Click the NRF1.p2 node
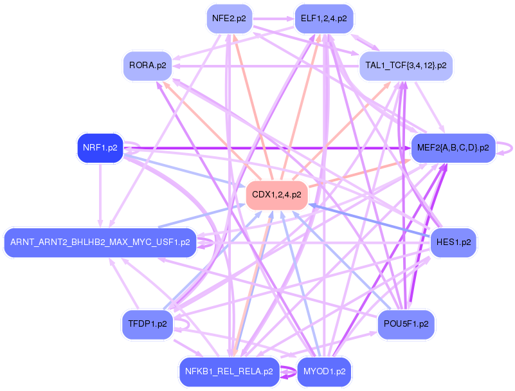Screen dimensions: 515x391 tap(100, 148)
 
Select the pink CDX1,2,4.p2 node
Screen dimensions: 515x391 tap(276, 195)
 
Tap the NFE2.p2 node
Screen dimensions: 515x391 tap(230, 19)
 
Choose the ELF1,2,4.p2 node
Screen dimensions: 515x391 tap(324, 19)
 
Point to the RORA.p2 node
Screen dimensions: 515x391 tap(147, 66)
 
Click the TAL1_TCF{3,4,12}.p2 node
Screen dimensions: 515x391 tap(406, 66)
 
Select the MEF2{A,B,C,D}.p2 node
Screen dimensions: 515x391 tap(453, 148)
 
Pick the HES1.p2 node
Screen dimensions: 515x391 tap(453, 242)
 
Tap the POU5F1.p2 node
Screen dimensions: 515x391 tap(406, 324)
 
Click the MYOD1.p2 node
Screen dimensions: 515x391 tap(324, 372)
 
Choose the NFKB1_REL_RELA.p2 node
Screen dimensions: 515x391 tap(230, 372)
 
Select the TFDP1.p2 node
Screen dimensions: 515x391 tap(147, 324)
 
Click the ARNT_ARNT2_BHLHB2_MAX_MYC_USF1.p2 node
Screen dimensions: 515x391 tap(100, 242)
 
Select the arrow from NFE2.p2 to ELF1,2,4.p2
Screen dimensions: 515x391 tap(273, 19)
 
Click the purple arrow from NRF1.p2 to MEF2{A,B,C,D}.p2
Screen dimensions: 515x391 tap(267, 148)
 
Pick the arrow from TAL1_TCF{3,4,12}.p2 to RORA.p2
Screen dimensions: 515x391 tap(266, 66)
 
